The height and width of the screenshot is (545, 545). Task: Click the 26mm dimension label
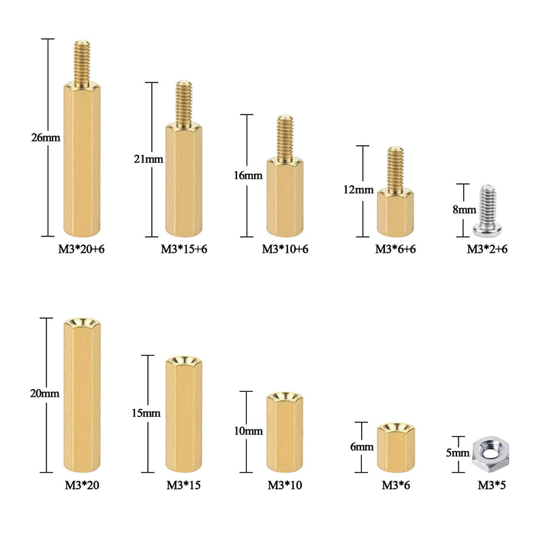tap(46, 138)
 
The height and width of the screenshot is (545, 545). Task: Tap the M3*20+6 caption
tap(81, 249)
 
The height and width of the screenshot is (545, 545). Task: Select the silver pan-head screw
tap(487, 210)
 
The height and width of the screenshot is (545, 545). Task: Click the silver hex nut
tap(490, 453)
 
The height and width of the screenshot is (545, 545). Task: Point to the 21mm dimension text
tap(149, 159)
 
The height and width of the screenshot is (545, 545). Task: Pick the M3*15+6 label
tap(184, 249)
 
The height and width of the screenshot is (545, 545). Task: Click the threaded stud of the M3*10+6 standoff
tap(285, 138)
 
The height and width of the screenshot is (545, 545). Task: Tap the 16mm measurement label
tap(248, 176)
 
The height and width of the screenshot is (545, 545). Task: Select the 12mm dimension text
tap(358, 190)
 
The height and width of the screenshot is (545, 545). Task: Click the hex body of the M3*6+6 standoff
tap(395, 212)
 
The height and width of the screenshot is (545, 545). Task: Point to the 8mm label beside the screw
tap(464, 210)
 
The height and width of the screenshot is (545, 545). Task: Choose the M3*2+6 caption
tap(487, 249)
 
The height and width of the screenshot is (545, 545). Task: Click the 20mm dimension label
tap(44, 394)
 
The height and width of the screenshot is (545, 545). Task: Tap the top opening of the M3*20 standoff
tap(82, 323)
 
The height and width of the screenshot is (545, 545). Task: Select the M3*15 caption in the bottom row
tap(183, 485)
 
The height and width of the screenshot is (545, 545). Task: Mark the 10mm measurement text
tap(248, 431)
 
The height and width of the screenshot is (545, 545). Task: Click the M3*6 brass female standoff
tap(396, 448)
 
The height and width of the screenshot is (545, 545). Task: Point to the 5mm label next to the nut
tap(457, 453)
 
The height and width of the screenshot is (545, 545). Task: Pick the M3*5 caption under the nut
tap(491, 485)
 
